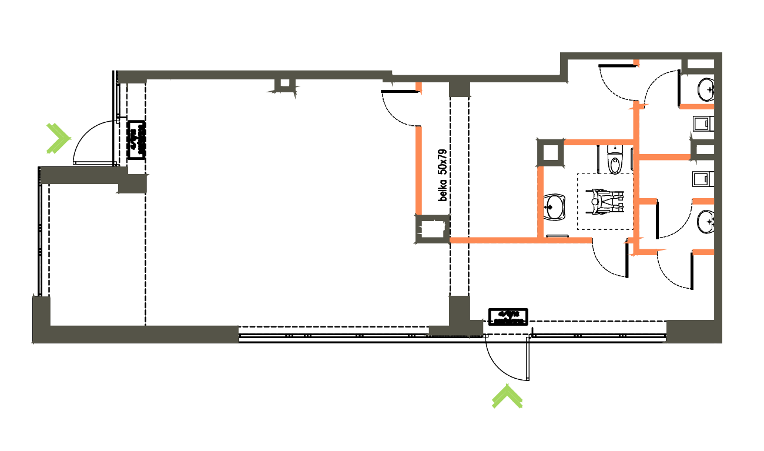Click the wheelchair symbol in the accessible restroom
click(606, 200)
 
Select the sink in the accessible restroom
click(555, 207)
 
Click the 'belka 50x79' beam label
click(443, 175)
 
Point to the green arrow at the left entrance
click(58, 138)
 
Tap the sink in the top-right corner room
click(706, 89)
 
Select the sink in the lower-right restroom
click(706, 222)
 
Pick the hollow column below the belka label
click(433, 229)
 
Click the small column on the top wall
click(284, 85)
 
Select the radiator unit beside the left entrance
click(136, 140)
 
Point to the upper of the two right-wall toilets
click(703, 123)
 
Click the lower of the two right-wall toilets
click(703, 178)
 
